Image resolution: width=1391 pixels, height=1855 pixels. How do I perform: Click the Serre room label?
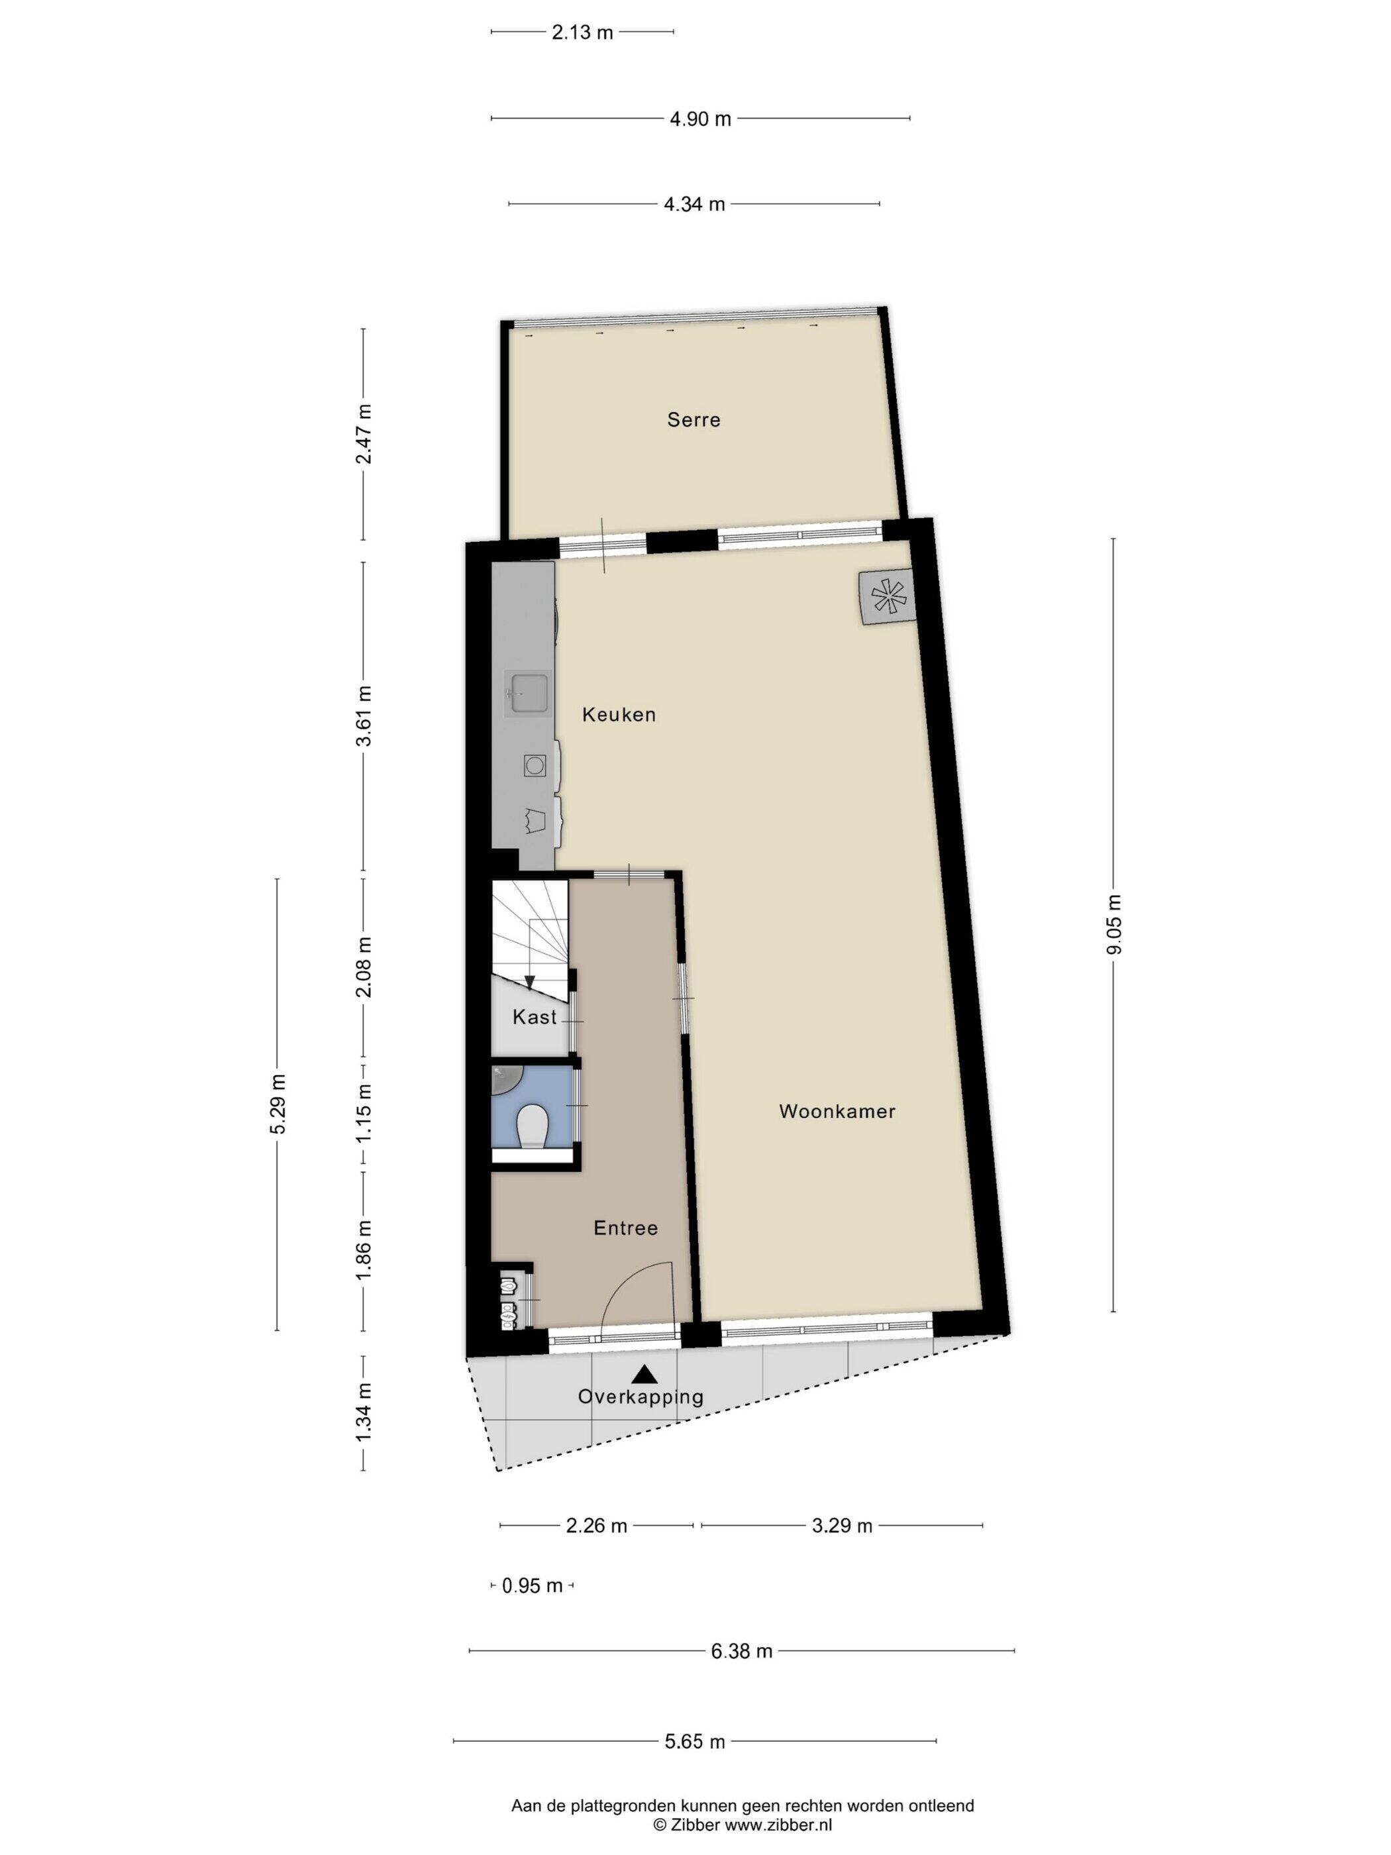[x=694, y=419]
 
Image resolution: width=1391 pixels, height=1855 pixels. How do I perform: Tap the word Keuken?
[x=619, y=714]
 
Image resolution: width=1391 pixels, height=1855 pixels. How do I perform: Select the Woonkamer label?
[x=837, y=1111]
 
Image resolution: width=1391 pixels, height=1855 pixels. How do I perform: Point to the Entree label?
[x=625, y=1228]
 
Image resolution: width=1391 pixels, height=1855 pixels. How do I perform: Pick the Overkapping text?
[x=641, y=1397]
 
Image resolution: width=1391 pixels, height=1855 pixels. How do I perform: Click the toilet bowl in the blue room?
[x=532, y=1127]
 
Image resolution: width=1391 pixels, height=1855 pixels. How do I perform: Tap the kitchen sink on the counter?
[x=527, y=694]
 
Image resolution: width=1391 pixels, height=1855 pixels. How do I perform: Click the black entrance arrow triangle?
[x=644, y=1373]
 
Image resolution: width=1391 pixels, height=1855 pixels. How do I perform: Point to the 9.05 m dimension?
[x=1113, y=924]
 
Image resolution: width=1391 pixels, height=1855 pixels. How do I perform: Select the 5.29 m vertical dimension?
[x=278, y=1104]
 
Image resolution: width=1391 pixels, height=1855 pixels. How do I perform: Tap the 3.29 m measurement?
[x=842, y=1502]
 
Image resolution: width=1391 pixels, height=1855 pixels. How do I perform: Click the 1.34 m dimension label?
[x=363, y=1413]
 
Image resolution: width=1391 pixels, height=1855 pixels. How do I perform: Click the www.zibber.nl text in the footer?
[x=779, y=1824]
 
